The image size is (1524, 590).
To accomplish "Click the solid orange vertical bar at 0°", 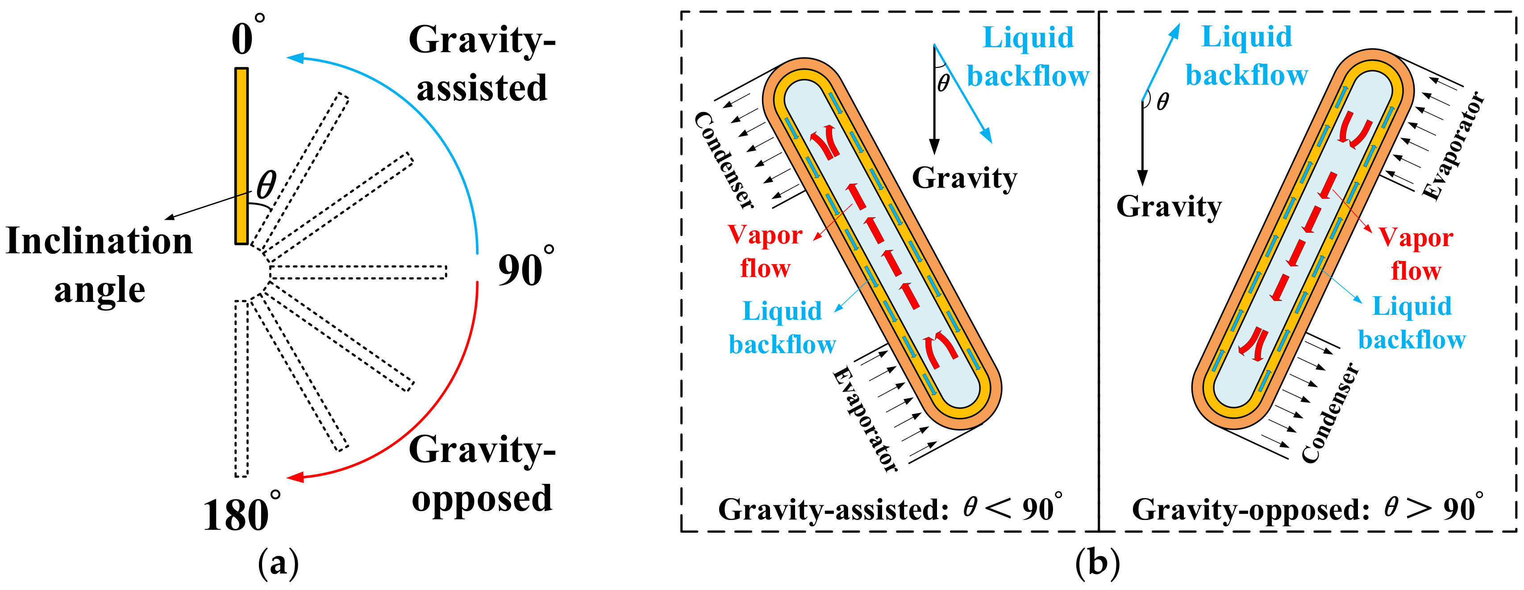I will click(x=242, y=156).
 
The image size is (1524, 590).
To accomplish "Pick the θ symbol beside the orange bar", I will click(x=266, y=185).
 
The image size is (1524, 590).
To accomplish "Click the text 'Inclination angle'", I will click(x=100, y=265).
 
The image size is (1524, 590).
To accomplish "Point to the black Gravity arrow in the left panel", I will click(x=934, y=100).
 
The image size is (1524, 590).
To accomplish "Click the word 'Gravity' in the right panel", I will click(x=1168, y=207).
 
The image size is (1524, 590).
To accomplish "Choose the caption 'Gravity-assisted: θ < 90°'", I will click(x=891, y=508).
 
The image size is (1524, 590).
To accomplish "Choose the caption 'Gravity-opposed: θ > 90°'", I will click(x=1307, y=508).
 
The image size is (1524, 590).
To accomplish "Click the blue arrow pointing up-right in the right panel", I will click(x=1161, y=62).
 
